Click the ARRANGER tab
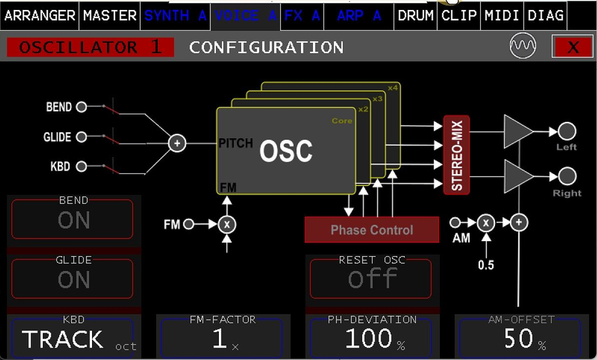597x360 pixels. pos(40,16)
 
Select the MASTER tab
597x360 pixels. pos(109,16)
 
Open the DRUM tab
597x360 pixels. pos(415,16)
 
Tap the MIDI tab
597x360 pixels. pos(502,16)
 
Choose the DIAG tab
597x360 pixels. pos(545,16)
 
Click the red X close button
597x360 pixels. pos(573,47)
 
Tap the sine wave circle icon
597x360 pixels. pos(522,46)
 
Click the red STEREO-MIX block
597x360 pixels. pos(456,155)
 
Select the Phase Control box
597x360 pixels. pos(372,230)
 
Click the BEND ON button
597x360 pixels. pos(73,219)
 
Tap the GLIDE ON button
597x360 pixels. pos(73,279)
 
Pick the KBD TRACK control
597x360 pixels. pos(73,338)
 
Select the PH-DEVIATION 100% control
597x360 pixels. pos(372,338)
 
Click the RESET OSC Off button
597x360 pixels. pos(371,279)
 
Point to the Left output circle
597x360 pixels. pos(567,131)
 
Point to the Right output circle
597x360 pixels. pos(567,176)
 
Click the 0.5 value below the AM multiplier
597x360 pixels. pos(486,265)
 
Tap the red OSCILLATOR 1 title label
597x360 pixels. pos(90,47)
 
